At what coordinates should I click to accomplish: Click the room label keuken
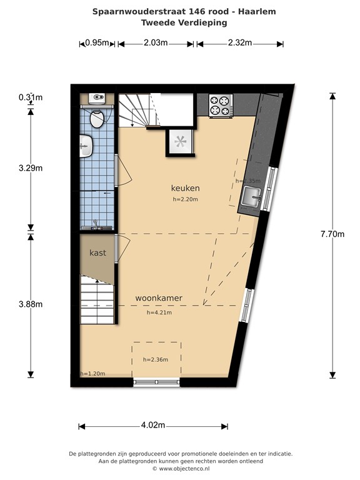(x=185, y=188)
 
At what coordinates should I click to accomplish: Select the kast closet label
(x=97, y=253)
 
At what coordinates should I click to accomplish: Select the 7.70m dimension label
(x=332, y=234)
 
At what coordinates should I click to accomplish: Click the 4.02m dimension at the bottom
(x=152, y=426)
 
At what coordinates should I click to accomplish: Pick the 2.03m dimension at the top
(x=156, y=43)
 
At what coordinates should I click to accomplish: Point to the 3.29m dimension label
(x=30, y=167)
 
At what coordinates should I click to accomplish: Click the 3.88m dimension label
(x=30, y=304)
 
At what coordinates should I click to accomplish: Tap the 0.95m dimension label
(x=97, y=43)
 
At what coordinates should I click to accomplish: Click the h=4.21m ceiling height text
(x=159, y=312)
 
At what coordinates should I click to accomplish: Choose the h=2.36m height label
(x=156, y=359)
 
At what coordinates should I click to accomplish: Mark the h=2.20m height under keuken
(x=185, y=199)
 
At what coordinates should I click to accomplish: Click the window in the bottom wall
(x=156, y=382)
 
